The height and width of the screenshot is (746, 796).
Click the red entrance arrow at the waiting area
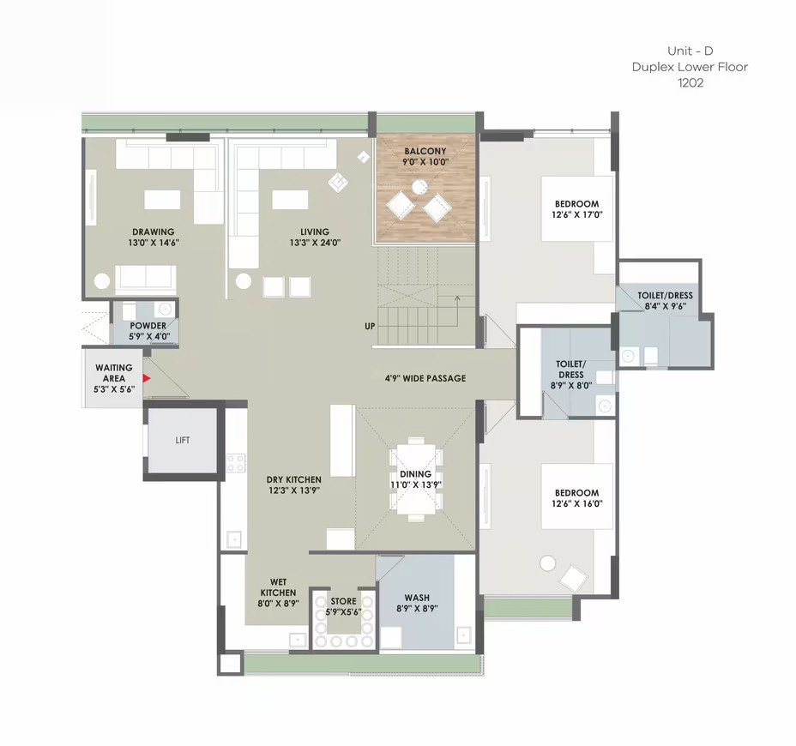click(146, 378)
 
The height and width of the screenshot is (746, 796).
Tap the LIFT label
click(182, 440)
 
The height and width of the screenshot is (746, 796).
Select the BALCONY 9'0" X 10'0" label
click(425, 156)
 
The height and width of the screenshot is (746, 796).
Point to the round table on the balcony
click(419, 187)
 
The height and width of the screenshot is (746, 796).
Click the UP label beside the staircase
click(370, 327)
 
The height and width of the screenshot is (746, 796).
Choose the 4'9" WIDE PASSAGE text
click(425, 378)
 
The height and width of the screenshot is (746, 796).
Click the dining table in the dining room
click(416, 479)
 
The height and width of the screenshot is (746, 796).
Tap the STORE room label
click(344, 601)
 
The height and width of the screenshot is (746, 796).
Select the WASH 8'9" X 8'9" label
click(417, 603)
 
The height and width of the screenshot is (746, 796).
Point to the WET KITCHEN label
click(278, 587)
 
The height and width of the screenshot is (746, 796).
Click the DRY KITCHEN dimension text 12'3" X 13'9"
click(294, 490)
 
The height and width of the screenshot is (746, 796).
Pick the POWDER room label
click(148, 325)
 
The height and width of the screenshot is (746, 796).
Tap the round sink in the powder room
click(165, 309)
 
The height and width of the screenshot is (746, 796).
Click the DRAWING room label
click(154, 232)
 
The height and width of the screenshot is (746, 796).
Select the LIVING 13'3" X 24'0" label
click(315, 237)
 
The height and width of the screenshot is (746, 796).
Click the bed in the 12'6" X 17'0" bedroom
click(577, 208)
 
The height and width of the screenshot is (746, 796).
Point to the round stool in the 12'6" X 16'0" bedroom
click(548, 563)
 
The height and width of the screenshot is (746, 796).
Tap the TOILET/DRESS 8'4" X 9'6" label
click(665, 300)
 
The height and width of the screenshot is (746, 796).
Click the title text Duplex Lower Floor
click(690, 67)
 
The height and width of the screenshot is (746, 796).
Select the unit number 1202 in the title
click(690, 82)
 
